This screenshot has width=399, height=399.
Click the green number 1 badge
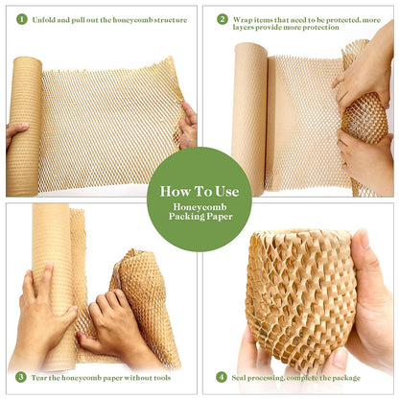(20, 18)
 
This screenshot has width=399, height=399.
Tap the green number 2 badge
(223, 18)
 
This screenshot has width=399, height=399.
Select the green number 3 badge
(20, 377)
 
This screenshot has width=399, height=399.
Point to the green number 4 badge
(223, 377)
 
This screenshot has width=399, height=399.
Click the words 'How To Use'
(199, 190)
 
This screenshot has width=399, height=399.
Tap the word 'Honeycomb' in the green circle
(199, 207)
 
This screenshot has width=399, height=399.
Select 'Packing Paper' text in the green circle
(199, 219)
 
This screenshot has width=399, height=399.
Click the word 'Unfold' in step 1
(44, 19)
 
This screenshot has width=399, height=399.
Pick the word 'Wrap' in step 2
(244, 19)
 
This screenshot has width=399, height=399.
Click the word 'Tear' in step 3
(41, 377)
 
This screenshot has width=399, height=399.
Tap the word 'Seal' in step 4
(243, 377)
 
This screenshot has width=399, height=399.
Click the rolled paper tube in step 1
(24, 125)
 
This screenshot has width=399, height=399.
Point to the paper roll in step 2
(249, 115)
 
